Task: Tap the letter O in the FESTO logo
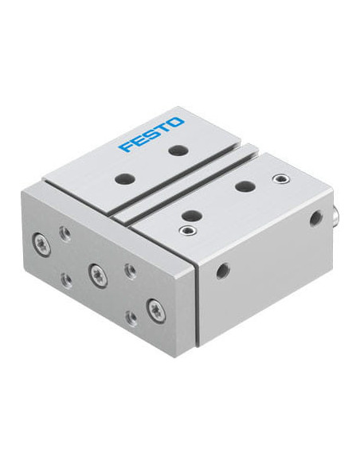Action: (176, 122)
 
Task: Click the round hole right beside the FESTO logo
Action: (179, 150)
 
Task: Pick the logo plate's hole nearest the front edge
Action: (125, 179)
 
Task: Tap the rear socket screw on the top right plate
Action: (281, 179)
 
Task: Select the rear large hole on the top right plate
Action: (245, 186)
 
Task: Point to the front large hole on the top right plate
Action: (192, 215)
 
